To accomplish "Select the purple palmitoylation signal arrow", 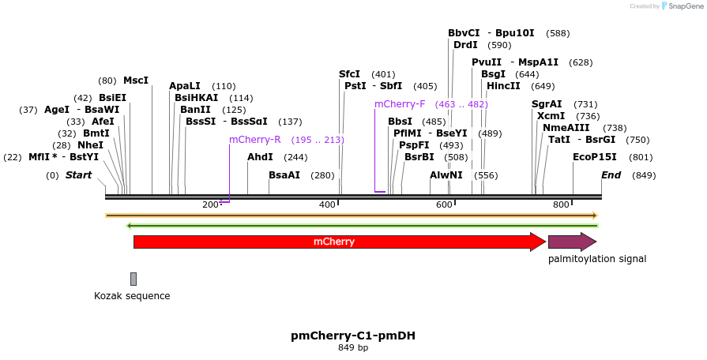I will pyautogui.click(x=571, y=242).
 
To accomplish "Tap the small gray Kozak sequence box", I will pyautogui.click(x=134, y=279).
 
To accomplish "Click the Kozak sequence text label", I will pyautogui.click(x=132, y=296).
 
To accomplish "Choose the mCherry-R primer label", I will pyautogui.click(x=255, y=140).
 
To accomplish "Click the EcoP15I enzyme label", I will pyautogui.click(x=594, y=157).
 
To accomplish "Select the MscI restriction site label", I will pyautogui.click(x=135, y=81).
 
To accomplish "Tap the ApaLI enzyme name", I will pyautogui.click(x=185, y=86).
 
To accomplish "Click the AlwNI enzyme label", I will pyautogui.click(x=446, y=175).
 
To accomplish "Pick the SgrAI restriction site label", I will pyautogui.click(x=547, y=104).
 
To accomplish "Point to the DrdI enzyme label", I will pyautogui.click(x=465, y=45).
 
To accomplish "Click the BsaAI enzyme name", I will pyautogui.click(x=284, y=175).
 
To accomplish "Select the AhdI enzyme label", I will pyautogui.click(x=260, y=157).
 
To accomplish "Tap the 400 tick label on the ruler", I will pyautogui.click(x=326, y=205).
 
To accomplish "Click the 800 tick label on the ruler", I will pyautogui.click(x=561, y=205).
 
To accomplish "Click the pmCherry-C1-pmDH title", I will pyautogui.click(x=353, y=336).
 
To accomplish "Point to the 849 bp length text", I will pyautogui.click(x=353, y=347).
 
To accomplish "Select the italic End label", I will pyautogui.click(x=611, y=175).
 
